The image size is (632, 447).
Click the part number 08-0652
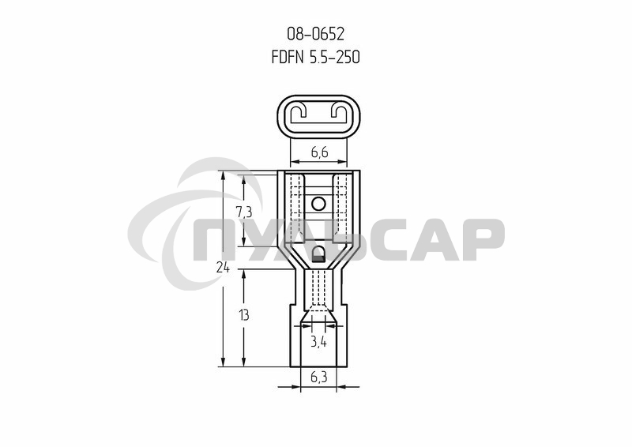click(315, 34)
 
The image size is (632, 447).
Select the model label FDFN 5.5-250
click(315, 57)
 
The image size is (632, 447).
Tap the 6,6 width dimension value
click(319, 152)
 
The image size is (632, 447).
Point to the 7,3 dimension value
click(244, 211)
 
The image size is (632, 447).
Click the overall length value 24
click(223, 267)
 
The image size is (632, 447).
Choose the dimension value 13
click(243, 315)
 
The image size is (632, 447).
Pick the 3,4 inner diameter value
click(318, 342)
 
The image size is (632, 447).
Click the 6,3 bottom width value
click(319, 378)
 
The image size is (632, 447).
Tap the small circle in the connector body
click(318, 205)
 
